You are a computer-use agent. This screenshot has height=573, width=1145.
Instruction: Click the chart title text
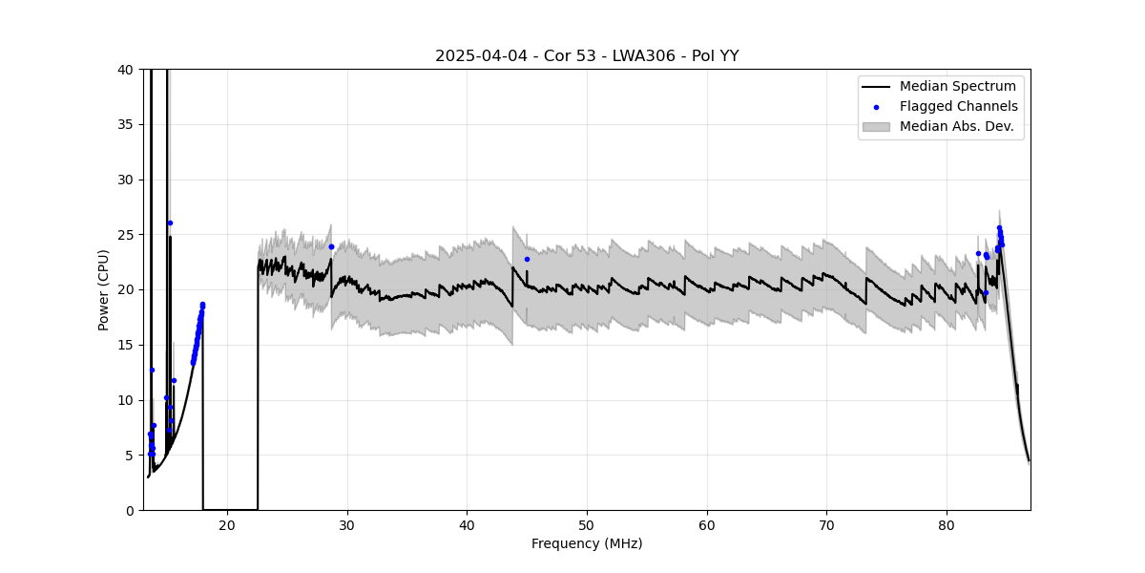[x=587, y=56]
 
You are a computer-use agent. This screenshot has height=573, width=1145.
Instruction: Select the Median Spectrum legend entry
[x=957, y=87]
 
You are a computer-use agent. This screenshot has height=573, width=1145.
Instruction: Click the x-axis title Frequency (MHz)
[x=587, y=544]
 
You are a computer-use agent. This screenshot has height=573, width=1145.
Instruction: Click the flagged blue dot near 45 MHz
[x=527, y=259]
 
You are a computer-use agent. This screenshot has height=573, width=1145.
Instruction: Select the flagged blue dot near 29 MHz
[x=331, y=246]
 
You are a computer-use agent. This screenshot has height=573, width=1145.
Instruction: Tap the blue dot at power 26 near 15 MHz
[x=170, y=223]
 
